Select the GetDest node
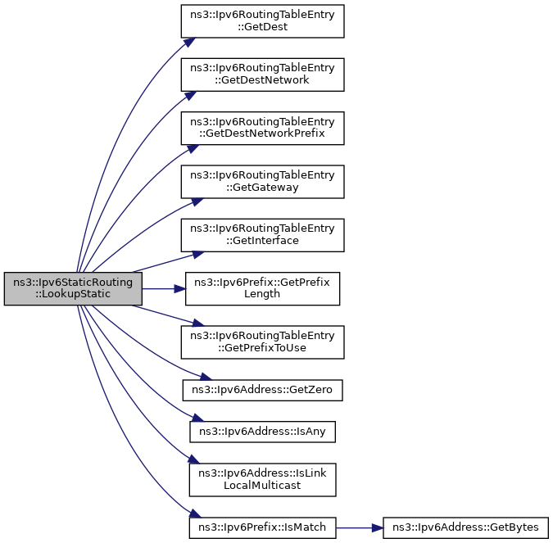[262, 21]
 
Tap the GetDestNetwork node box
[262, 75]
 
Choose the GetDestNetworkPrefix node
[262, 128]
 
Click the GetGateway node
[262, 182]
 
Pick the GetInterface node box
[262, 235]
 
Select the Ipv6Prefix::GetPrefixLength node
[262, 289]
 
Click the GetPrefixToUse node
[262, 342]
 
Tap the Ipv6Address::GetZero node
[262, 390]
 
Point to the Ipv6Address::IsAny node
[262, 429]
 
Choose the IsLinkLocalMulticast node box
[262, 479]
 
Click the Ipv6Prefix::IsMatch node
[262, 528]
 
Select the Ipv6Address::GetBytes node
[464, 528]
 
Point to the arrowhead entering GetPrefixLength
[181, 289]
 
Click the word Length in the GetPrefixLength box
[262, 295]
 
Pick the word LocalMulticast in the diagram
[262, 485]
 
